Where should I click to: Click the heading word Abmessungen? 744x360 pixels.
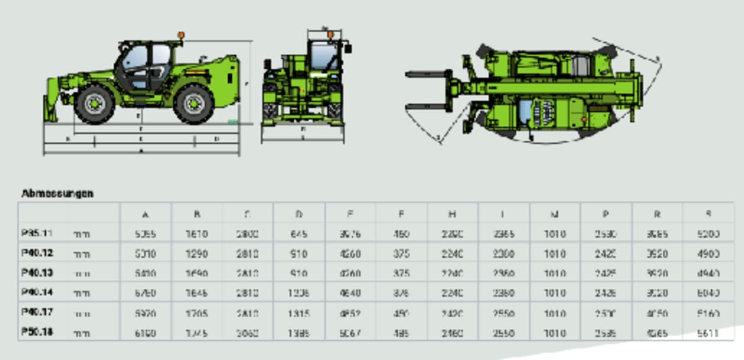pyautogui.click(x=57, y=193)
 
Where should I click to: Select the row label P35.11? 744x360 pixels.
pyautogui.click(x=37, y=234)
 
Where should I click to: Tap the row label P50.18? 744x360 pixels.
pyautogui.click(x=37, y=332)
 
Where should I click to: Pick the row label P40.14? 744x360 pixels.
pyautogui.click(x=37, y=293)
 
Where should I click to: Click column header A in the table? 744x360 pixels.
pyautogui.click(x=145, y=214)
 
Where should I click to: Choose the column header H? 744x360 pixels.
pyautogui.click(x=453, y=214)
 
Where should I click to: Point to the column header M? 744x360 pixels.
pyautogui.click(x=555, y=214)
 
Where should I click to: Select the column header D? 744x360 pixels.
pyautogui.click(x=299, y=214)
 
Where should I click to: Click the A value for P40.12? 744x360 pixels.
pyautogui.click(x=145, y=254)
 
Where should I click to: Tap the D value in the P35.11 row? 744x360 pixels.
pyautogui.click(x=299, y=234)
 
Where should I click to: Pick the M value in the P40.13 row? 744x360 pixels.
pyautogui.click(x=555, y=273)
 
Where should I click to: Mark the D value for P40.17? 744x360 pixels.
pyautogui.click(x=299, y=314)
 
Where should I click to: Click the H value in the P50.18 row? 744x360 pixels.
pyautogui.click(x=453, y=333)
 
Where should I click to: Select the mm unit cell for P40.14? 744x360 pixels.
pyautogui.click(x=81, y=294)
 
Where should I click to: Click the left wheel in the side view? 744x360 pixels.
pyautogui.click(x=95, y=103)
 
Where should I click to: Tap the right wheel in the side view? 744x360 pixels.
pyautogui.click(x=194, y=103)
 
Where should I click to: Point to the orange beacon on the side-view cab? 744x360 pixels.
pyautogui.click(x=181, y=35)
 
